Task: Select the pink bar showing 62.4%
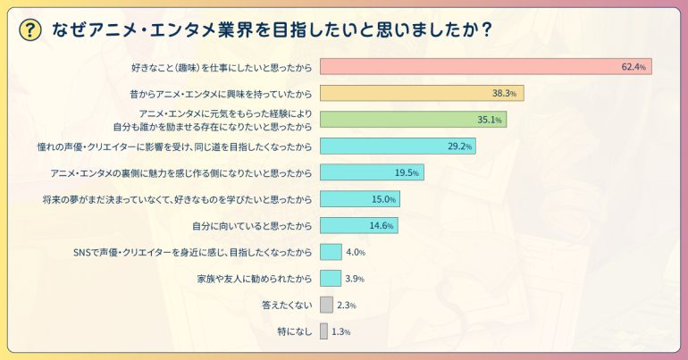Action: coord(485,67)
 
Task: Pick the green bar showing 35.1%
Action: coord(413,119)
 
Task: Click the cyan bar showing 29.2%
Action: coord(397,146)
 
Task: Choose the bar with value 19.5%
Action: coord(371,172)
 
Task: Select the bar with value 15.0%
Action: coord(359,199)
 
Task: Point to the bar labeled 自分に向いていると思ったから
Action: coord(358,225)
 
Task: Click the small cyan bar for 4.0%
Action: coord(331,252)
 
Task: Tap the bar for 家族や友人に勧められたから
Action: coord(331,279)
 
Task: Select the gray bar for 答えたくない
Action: coord(326,305)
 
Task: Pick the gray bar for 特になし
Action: coord(323,331)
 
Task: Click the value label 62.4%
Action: coord(633,67)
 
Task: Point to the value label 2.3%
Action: coord(347,306)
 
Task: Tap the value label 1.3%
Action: coord(340,332)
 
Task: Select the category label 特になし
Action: coord(295,332)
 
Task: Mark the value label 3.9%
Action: coord(355,279)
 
